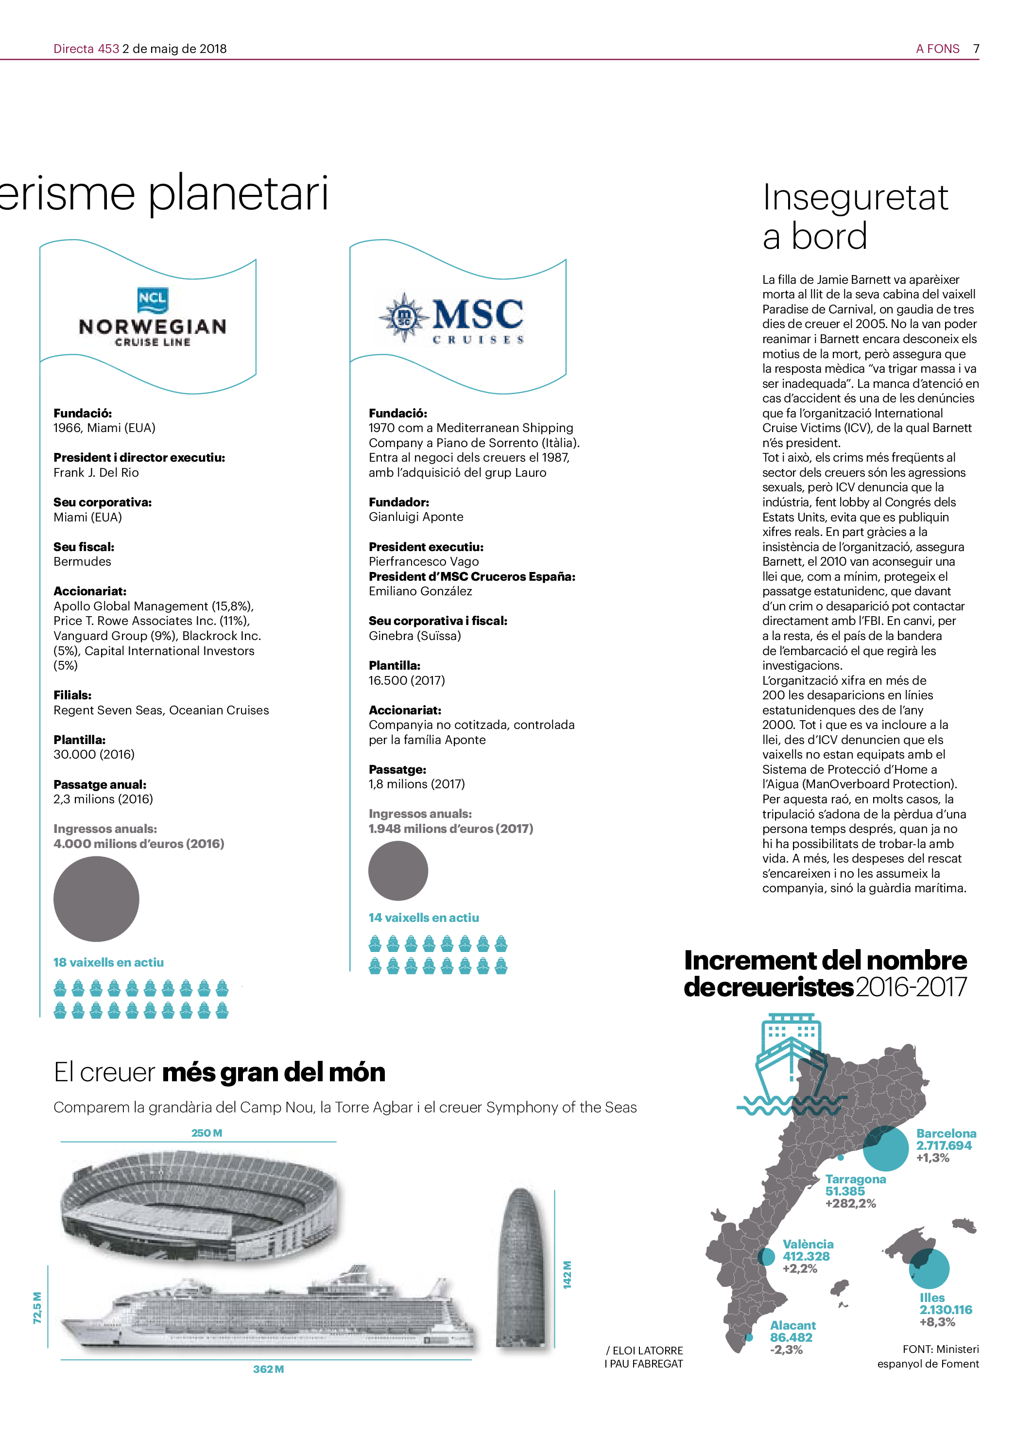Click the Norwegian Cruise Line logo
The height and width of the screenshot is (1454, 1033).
[x=153, y=315]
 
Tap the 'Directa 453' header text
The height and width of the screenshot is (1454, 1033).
[x=86, y=49]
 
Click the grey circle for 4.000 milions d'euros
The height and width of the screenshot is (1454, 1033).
[x=96, y=898]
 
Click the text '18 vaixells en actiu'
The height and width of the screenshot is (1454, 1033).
[x=108, y=962]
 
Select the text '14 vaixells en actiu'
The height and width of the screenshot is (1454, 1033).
[x=424, y=918]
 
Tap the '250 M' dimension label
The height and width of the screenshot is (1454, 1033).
[x=207, y=1133]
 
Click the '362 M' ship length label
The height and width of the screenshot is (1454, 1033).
[x=268, y=1369]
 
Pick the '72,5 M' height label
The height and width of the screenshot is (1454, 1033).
[x=37, y=1308]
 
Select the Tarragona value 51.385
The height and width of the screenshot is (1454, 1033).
[x=845, y=1191]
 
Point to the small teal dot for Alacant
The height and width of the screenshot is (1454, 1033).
[x=749, y=1337]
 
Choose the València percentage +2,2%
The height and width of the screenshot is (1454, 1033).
[x=800, y=1268]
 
